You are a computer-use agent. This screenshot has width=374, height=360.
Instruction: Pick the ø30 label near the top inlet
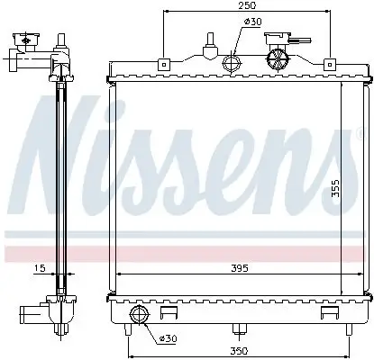pyautogui.click(x=254, y=22)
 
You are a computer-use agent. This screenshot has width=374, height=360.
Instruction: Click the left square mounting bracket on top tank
pyautogui.click(x=163, y=64)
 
